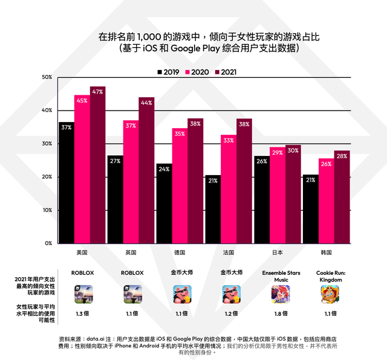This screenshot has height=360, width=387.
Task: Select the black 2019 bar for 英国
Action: [115, 199]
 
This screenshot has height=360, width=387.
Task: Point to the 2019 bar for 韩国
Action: [310, 209]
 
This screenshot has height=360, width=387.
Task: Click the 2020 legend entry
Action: [196, 72]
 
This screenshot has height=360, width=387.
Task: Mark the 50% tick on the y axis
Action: [47, 77]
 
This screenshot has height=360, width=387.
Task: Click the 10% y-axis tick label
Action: [47, 210]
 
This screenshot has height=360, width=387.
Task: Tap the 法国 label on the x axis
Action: [228, 252]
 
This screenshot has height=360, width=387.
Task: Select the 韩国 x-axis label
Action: [326, 252]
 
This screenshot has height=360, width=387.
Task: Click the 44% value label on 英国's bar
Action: [146, 103]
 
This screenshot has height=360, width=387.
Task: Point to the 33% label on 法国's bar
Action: [228, 140]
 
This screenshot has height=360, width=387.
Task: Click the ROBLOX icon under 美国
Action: [82, 294]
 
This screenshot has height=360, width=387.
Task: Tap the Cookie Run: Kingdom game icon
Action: [329, 294]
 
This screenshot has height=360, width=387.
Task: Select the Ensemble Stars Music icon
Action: [280, 294]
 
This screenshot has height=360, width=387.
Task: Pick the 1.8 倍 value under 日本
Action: [280, 313]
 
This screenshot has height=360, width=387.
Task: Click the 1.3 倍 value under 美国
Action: [82, 313]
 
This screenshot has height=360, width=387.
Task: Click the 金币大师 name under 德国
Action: [182, 273]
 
